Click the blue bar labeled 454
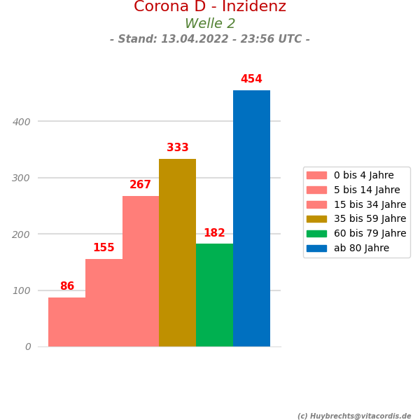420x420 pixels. [251, 218]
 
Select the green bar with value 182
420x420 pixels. [214, 295]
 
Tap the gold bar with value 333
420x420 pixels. [177, 253]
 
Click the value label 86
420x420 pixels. [67, 286]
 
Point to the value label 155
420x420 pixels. [104, 248]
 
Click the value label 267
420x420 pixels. [140, 185]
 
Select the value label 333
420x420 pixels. [178, 148]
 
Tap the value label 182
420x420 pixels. [214, 233]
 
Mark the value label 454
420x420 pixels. [251, 79]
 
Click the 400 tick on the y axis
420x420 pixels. [22, 122]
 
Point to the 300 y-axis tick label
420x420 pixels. [22, 178]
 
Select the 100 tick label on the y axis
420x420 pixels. [22, 290]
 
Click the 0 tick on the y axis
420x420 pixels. [28, 346]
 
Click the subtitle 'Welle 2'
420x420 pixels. [210, 24]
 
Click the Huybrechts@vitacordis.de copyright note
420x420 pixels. [354, 416]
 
